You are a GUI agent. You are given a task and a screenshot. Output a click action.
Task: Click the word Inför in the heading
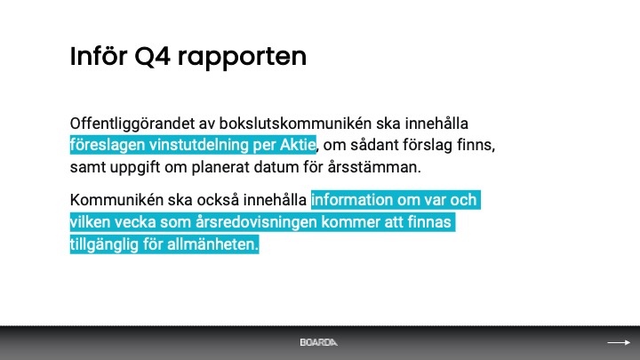pos(99,56)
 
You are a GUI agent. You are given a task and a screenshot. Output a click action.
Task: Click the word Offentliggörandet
pos(132,124)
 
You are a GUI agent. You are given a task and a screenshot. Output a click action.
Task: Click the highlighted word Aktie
pos(298,145)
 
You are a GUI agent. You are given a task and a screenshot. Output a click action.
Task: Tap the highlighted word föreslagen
pos(108,145)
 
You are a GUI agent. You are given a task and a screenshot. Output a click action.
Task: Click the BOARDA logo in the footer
pos(319,342)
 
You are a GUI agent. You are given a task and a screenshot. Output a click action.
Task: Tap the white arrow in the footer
pos(619,342)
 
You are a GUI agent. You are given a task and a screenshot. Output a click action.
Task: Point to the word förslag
pos(428,145)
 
